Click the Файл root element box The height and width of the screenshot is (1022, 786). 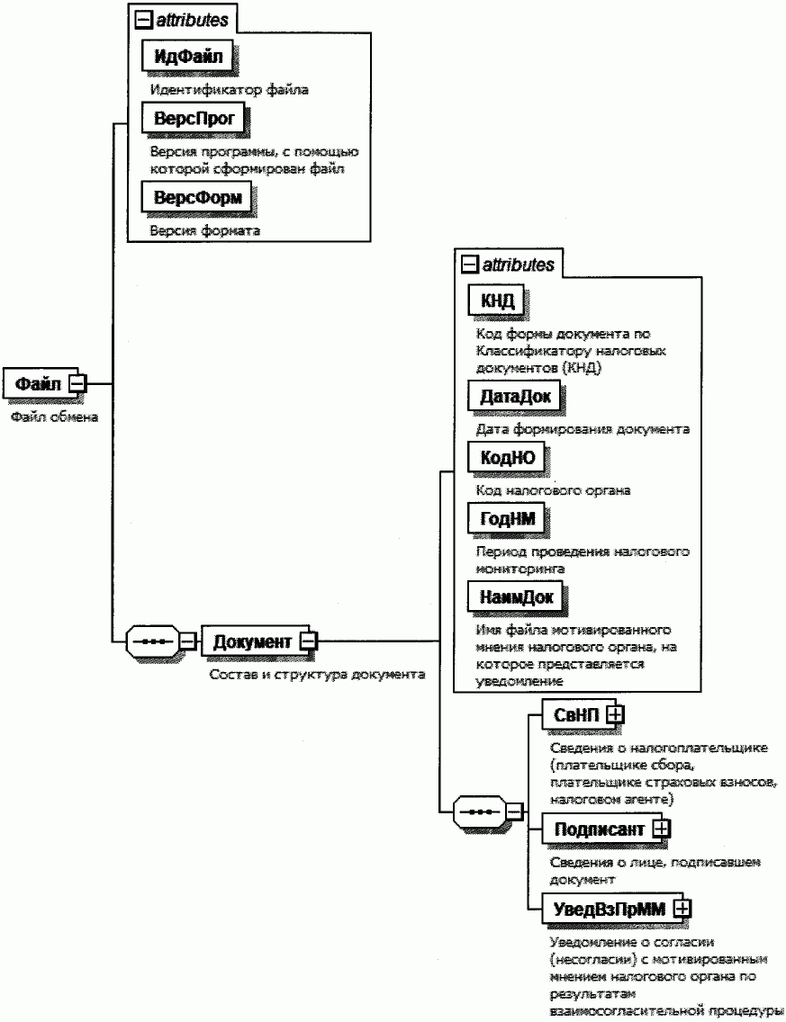pyautogui.click(x=39, y=384)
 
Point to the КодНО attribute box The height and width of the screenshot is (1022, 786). pyautogui.click(x=507, y=457)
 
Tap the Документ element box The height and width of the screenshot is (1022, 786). pyautogui.click(x=252, y=641)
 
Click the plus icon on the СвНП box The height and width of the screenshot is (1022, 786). pyautogui.click(x=617, y=713)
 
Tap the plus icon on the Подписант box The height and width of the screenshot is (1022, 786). pyautogui.click(x=662, y=829)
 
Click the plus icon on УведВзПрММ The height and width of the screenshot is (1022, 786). pyautogui.click(x=682, y=909)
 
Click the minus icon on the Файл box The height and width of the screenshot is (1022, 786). pyautogui.click(x=77, y=384)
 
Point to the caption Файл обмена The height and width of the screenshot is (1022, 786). pyautogui.click(x=54, y=417)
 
